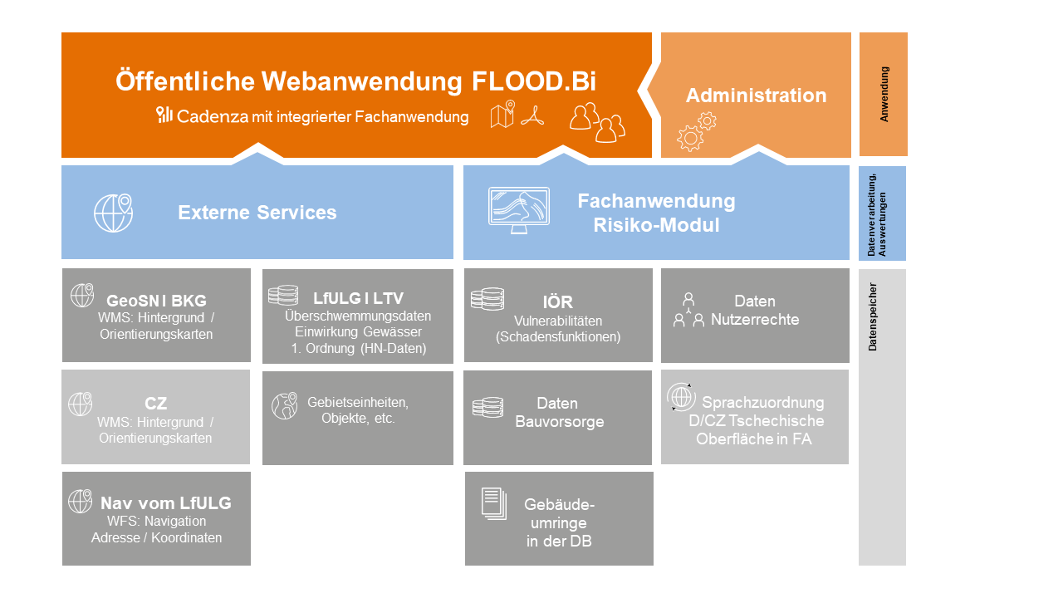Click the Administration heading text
click(x=756, y=96)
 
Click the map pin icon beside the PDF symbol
click(x=502, y=115)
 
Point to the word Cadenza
click(x=213, y=117)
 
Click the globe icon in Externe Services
click(x=114, y=213)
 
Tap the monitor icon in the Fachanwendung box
click(x=518, y=210)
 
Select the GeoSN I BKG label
click(x=156, y=301)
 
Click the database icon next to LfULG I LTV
click(x=283, y=296)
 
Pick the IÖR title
click(x=557, y=302)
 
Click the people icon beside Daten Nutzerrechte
click(x=688, y=309)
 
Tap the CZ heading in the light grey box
click(x=156, y=404)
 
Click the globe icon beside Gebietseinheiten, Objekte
click(x=284, y=405)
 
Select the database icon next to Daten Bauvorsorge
click(x=487, y=407)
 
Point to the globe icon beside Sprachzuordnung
click(x=682, y=397)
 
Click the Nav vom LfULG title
click(x=165, y=503)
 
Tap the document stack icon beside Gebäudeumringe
click(x=493, y=504)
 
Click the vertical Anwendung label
click(x=884, y=95)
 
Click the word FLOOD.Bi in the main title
click(x=534, y=81)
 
